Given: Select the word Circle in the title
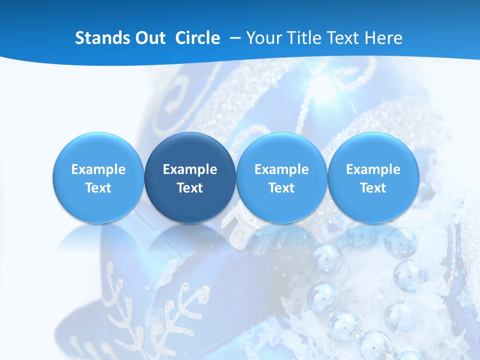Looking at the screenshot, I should coord(197,38).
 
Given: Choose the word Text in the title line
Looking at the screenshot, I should coord(337,38).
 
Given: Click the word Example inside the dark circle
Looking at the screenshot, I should coord(190,169).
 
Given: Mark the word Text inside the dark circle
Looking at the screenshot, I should coord(190,188).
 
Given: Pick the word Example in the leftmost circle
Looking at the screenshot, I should coord(98,169).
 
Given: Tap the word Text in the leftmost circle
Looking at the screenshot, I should coord(98,188).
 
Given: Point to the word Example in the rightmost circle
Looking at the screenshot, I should coord(373,169).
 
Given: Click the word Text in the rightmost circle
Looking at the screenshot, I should coord(373,188).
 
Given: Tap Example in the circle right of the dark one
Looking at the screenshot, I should coord(281,169).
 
